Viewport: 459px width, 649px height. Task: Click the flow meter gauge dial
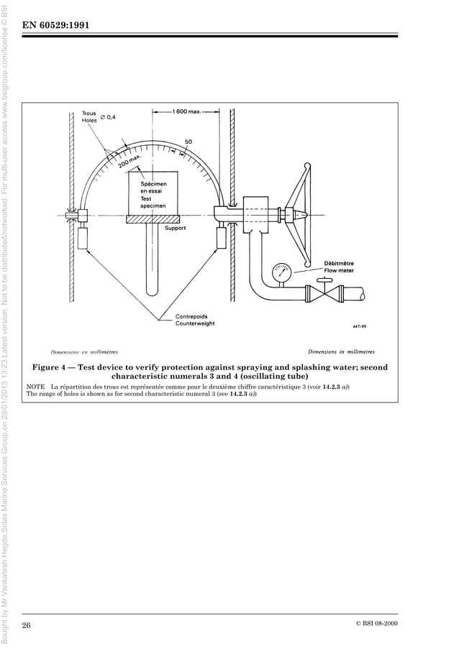click(279, 274)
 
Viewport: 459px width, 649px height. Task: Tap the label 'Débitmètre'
click(339, 263)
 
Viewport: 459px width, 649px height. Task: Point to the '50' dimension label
click(188, 142)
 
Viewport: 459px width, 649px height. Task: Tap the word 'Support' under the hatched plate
click(175, 228)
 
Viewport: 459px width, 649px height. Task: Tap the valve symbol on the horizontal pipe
click(319, 294)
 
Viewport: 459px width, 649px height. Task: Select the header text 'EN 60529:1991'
click(57, 27)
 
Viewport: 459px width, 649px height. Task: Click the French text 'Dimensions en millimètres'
click(84, 352)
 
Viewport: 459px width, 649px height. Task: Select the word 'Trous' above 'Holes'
click(89, 113)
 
